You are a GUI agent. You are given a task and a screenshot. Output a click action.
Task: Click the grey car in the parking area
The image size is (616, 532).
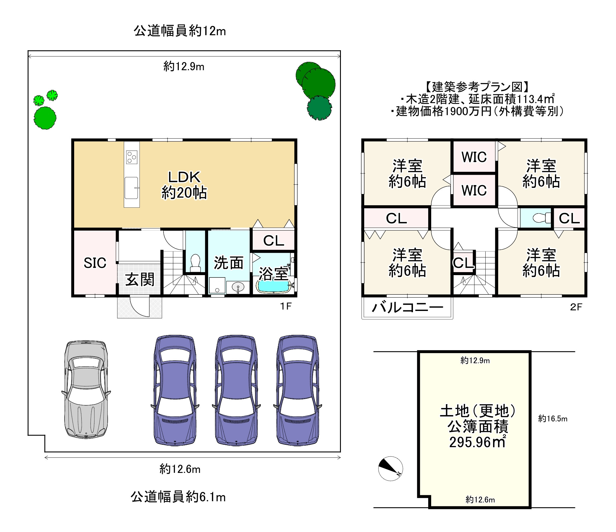pos(86,390)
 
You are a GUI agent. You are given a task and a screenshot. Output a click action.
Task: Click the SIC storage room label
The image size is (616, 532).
pos(95,263)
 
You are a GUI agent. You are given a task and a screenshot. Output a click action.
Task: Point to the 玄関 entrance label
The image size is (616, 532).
pos(140,280)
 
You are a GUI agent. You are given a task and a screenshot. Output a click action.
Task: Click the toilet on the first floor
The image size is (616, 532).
pos(195,263)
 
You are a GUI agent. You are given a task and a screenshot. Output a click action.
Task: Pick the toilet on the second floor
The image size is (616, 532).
pos(542,218)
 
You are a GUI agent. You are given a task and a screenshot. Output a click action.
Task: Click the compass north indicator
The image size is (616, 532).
pos(391,468)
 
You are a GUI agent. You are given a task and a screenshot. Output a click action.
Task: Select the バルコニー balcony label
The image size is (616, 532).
pos(407,307)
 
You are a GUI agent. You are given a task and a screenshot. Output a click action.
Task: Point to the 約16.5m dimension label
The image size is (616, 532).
pos(553,418)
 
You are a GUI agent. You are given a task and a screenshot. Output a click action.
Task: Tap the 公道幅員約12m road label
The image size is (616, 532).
pos(180,31)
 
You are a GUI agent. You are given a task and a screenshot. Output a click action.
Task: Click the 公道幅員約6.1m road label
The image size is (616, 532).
pos(178,497)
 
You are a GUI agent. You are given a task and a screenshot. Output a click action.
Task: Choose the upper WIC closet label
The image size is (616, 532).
pos(474,157)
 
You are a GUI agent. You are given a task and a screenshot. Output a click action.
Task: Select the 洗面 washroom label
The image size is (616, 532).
pos(228,263)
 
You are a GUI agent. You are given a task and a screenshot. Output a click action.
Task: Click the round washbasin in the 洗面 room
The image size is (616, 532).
pos(238,287)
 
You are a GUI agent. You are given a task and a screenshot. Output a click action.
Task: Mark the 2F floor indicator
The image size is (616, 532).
pos(576,307)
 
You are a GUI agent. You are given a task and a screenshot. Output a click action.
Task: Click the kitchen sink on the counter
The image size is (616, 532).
pos(132,188)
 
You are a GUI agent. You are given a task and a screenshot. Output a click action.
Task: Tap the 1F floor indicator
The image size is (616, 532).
pos(286,306)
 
